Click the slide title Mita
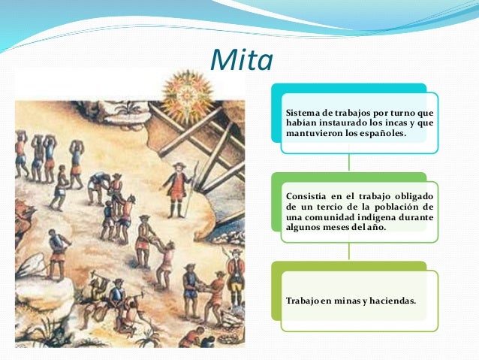(240, 60)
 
